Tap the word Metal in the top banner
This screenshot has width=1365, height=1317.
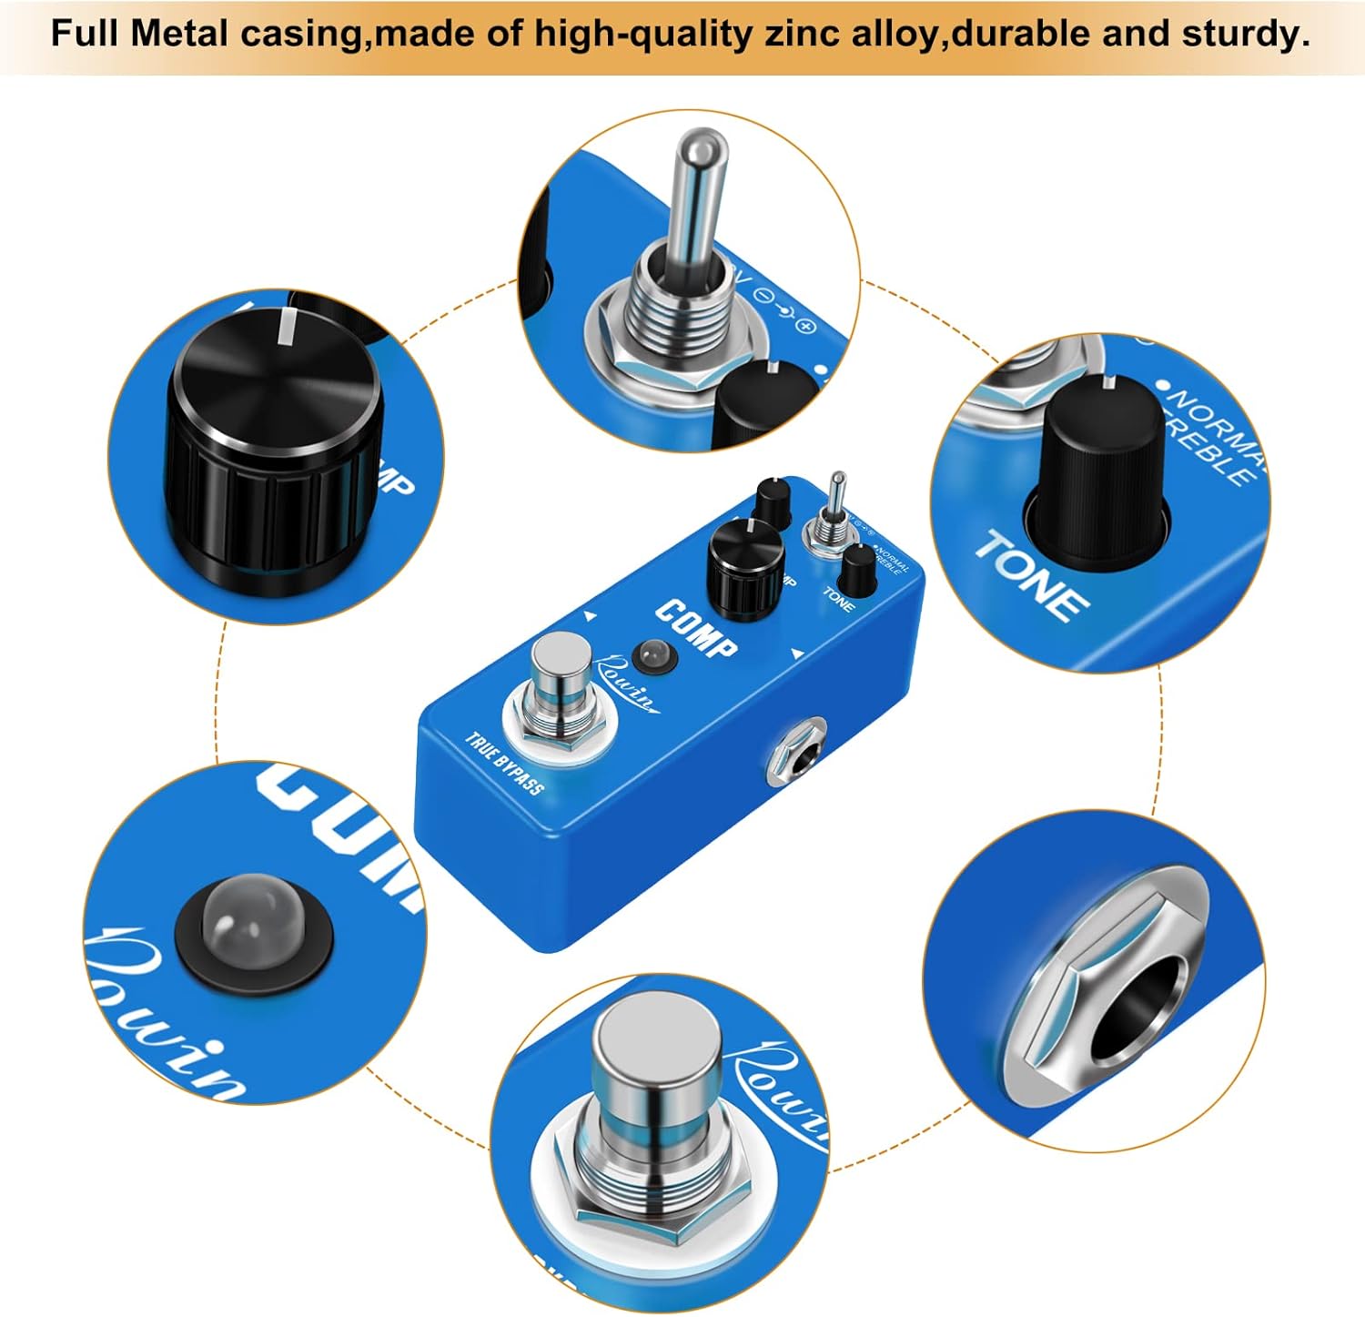tap(178, 34)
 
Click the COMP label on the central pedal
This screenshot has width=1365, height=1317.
tap(696, 628)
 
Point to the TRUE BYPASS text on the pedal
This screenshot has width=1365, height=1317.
tap(504, 763)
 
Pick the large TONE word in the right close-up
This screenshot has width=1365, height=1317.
tap(1032, 575)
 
